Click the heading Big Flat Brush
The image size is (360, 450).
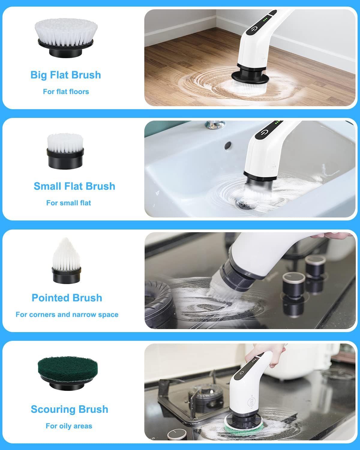(66, 75)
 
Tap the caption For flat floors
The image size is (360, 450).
(66, 91)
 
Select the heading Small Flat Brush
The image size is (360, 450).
(74, 186)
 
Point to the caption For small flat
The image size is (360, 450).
(68, 203)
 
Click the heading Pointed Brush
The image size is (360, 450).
(67, 298)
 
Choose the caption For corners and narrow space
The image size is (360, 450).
(67, 315)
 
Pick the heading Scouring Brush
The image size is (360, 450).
(69, 409)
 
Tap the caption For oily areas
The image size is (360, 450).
(69, 426)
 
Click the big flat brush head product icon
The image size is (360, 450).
(65, 37)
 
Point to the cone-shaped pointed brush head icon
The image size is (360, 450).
(66, 261)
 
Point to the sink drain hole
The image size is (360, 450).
(245, 204)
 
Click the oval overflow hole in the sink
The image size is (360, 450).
(228, 145)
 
